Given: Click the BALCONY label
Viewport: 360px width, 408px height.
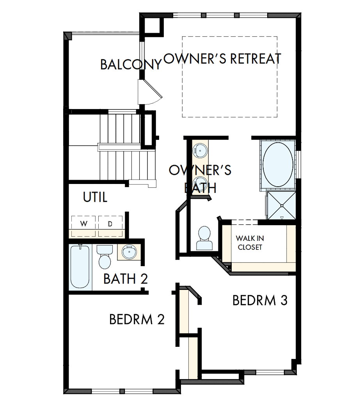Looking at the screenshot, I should click(130, 64).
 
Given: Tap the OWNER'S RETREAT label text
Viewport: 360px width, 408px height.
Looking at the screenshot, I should click(222, 58).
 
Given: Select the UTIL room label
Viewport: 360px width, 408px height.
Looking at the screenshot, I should click(95, 198).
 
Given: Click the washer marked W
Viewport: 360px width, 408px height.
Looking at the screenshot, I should click(83, 223).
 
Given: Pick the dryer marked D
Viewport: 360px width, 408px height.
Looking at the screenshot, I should click(110, 223).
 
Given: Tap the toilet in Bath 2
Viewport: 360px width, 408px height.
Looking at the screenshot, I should click(104, 257).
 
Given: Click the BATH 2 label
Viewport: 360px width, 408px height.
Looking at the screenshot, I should click(126, 279).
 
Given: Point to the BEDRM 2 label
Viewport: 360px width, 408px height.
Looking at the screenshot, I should click(137, 319).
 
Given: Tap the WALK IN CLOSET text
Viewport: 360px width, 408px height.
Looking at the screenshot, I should click(249, 242).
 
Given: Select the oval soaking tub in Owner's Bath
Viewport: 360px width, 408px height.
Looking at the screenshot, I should click(278, 163).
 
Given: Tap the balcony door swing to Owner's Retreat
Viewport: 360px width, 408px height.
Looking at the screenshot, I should click(150, 92).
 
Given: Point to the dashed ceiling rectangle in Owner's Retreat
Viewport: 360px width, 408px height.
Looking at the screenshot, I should click(229, 77).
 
